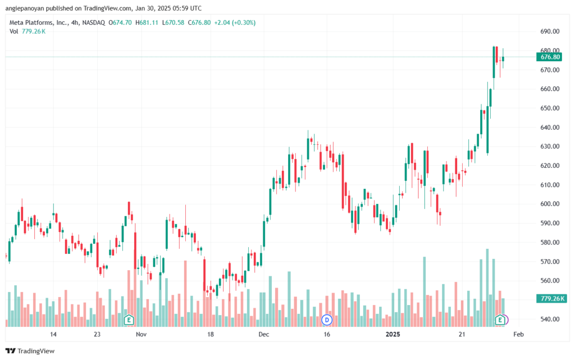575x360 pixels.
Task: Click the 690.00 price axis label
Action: point(550,31)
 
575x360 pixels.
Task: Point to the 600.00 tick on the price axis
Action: point(550,204)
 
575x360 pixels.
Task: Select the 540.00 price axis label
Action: point(550,319)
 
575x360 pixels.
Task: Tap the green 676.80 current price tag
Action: point(549,57)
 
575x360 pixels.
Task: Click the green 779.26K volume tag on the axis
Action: point(549,298)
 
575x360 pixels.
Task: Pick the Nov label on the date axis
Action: point(141,334)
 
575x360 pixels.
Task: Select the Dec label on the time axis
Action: point(264,334)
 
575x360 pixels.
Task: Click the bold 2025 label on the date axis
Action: point(393,334)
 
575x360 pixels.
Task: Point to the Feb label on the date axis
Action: point(518,334)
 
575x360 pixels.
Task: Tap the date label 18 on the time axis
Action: point(211,334)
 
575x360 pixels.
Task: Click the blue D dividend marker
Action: point(327,320)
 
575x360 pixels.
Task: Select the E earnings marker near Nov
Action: point(129,320)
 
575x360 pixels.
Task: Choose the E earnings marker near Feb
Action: point(500,320)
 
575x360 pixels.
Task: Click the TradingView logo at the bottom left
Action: point(30,351)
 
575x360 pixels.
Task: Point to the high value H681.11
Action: point(147,22)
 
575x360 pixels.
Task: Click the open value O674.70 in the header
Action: point(120,22)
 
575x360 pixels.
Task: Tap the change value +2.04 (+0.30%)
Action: point(235,22)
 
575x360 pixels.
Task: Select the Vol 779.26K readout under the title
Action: point(28,31)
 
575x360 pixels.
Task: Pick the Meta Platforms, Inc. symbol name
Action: point(39,22)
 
